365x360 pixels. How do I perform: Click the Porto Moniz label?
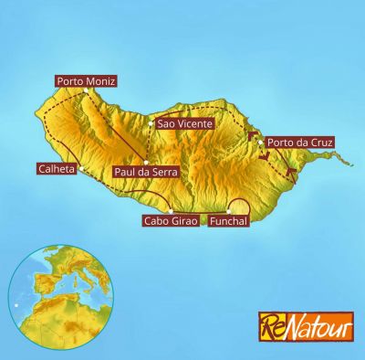point(86,81)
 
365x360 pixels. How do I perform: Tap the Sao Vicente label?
point(184,123)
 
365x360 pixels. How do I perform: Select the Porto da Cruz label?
point(300,143)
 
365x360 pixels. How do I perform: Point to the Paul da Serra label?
point(144,171)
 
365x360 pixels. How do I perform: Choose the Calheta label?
point(57,168)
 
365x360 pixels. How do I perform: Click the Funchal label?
point(228,221)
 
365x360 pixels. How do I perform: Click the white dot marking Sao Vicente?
point(151,123)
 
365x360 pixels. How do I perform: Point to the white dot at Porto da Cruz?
point(261,142)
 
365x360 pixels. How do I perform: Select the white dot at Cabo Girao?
point(171,211)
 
